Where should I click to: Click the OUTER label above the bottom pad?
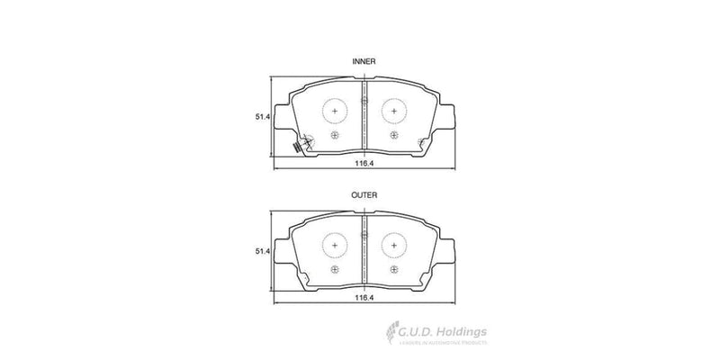coord(364,194)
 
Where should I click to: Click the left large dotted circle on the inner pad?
coord(334,111)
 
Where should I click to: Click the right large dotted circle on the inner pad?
coord(394,111)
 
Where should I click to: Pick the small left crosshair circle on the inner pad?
coord(334,135)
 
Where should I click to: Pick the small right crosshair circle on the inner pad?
coord(394,135)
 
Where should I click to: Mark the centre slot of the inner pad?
coord(364,112)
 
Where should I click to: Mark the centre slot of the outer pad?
coord(364,247)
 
